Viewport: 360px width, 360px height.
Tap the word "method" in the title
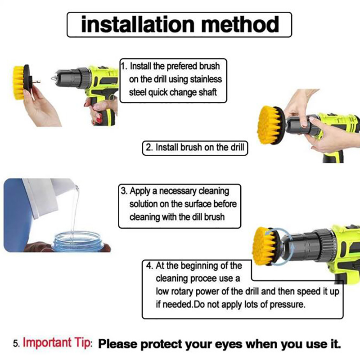240,24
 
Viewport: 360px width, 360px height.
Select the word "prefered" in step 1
182,66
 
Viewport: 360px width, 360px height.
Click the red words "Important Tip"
58,343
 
